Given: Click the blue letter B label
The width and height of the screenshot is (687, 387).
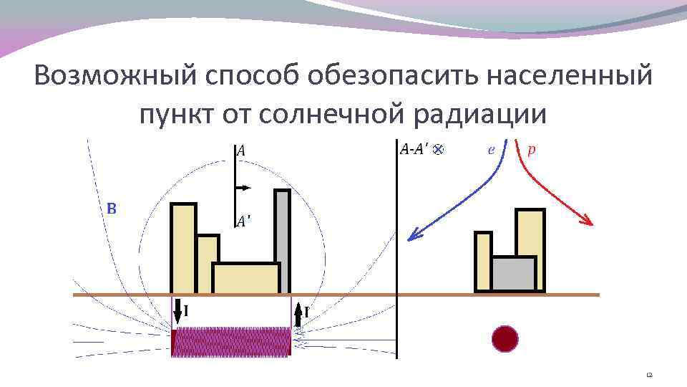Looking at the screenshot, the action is (112, 209).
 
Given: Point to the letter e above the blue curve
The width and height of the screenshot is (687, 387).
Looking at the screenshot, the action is (490, 150).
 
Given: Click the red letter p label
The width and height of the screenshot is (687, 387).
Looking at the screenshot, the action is (531, 150).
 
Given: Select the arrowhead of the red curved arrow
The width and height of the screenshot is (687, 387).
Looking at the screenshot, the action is (588, 221).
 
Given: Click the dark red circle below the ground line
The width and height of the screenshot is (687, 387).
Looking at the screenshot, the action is (505, 338).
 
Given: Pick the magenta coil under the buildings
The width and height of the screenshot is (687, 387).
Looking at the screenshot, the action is (230, 341).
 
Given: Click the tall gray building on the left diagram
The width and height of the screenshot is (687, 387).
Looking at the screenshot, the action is (283, 240).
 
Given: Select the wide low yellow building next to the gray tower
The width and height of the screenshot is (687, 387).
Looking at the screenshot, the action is (245, 279).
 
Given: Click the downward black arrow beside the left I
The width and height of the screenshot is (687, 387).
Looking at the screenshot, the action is (177, 312).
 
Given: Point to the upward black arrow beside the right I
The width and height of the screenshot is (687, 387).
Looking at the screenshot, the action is (298, 314).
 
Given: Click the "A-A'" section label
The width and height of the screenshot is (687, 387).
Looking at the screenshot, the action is (414, 149).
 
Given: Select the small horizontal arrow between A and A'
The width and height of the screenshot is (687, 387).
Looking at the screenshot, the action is (243, 188).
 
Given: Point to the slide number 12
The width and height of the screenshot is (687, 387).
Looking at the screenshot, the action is (649, 375).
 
